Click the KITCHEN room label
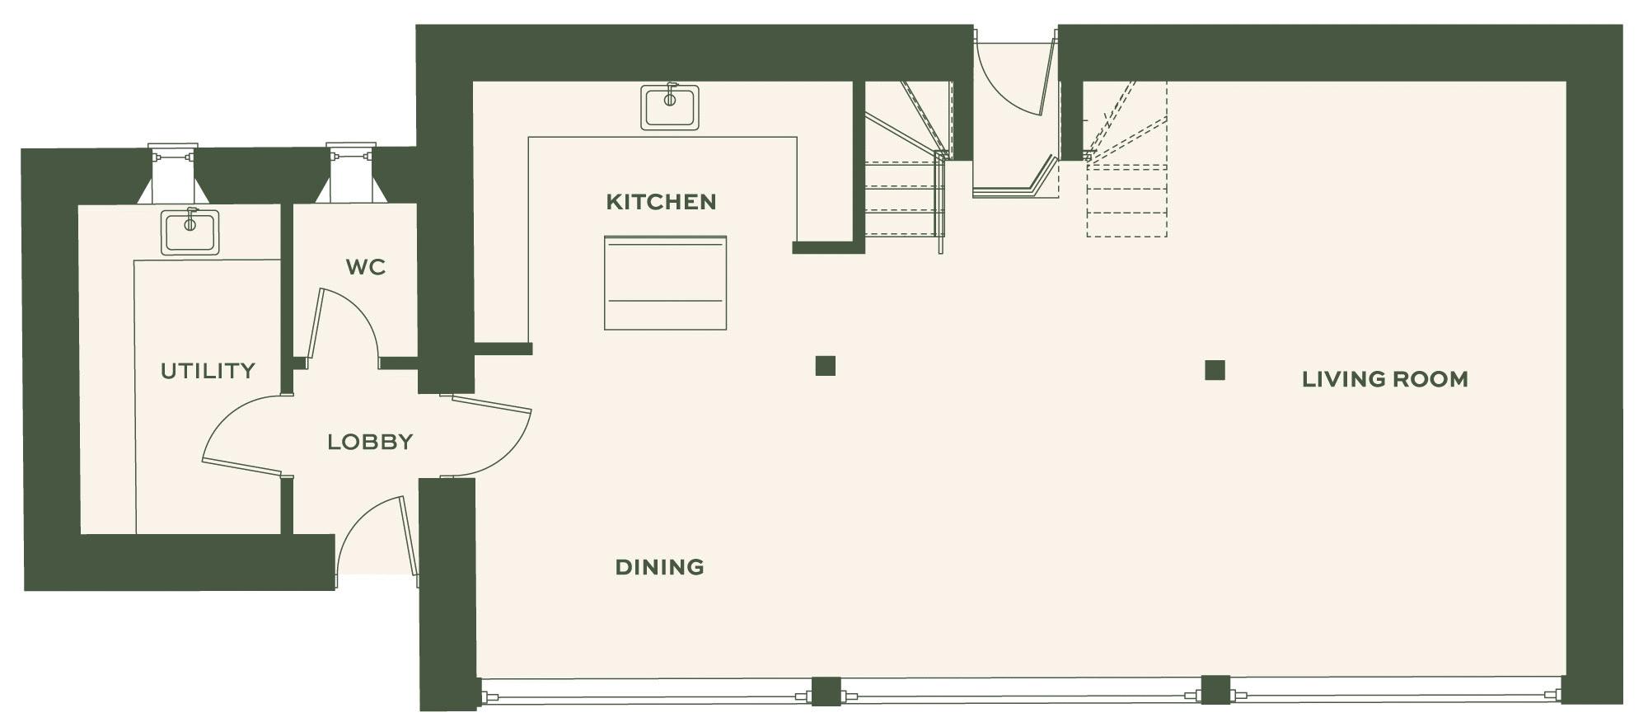pos(661,202)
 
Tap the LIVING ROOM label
pos(1384,379)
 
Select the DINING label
pos(659,567)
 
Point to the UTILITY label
pos(208,371)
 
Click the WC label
pos(366,267)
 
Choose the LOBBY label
pos(370,442)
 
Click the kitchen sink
pos(670,107)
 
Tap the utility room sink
pos(190,231)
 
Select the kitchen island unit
pos(665,283)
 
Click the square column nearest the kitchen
pos(825,366)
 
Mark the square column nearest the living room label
pos(1215,370)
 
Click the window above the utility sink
pos(172,173)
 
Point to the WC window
pos(351,173)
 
